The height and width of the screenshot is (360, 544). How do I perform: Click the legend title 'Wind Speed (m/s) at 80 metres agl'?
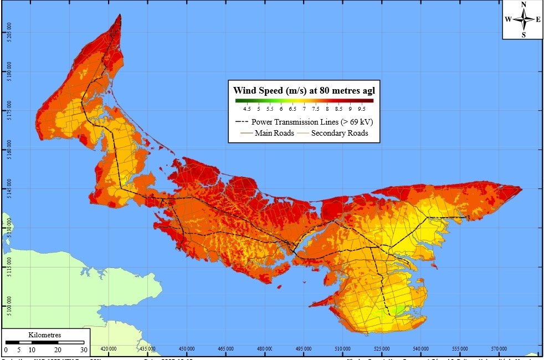tap(304, 90)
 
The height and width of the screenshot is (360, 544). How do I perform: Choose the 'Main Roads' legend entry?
tap(274, 133)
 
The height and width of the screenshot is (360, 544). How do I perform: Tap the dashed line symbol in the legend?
tap(242, 122)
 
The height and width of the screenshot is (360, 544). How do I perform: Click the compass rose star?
tap(523, 19)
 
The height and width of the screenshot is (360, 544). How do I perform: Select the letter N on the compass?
tap(524, 5)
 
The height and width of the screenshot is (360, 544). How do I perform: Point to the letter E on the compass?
tap(538, 19)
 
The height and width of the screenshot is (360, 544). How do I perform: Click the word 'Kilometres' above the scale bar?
tap(44, 335)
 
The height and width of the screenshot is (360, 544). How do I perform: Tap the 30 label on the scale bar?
tap(83, 350)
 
